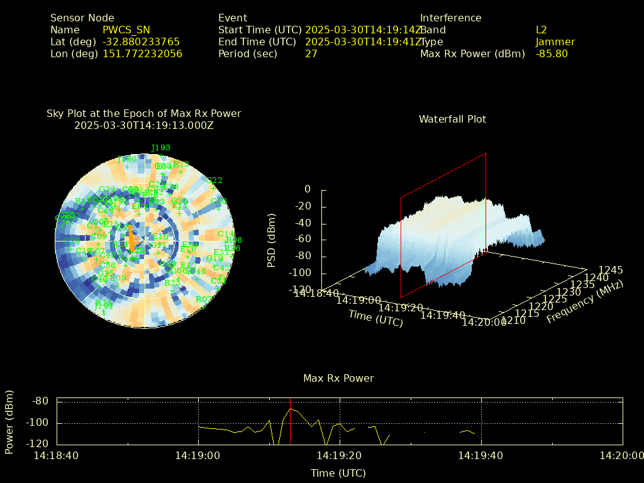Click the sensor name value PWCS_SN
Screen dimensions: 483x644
click(x=126, y=30)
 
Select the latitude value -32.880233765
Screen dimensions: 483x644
click(x=141, y=42)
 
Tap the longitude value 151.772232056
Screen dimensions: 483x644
click(x=142, y=54)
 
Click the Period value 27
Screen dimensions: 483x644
click(x=311, y=54)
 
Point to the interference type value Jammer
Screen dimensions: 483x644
click(x=555, y=42)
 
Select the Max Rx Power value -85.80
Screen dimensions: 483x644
click(x=552, y=54)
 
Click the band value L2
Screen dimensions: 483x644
click(x=541, y=30)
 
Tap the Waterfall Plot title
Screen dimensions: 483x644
click(x=452, y=119)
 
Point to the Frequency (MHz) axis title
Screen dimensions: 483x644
click(x=584, y=302)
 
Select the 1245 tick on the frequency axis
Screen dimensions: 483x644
click(x=611, y=270)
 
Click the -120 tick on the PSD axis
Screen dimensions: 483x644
click(x=298, y=290)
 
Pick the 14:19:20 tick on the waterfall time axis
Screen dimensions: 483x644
click(x=402, y=308)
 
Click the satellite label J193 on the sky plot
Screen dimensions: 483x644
click(x=160, y=148)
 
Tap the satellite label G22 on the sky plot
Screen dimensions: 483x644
click(x=214, y=180)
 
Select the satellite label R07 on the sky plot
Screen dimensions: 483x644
click(x=204, y=299)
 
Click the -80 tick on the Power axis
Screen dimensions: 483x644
click(x=41, y=401)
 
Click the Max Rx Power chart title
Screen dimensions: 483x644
click(x=338, y=379)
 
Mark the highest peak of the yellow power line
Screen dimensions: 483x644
click(x=290, y=409)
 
